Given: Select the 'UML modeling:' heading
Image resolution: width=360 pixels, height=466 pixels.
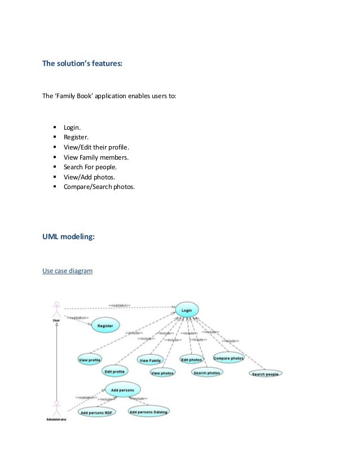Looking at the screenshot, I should pos(69,238).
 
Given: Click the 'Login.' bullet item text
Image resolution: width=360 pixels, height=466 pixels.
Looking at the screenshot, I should pos(72,129).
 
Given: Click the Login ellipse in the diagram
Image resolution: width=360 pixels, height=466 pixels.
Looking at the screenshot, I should pos(187,309).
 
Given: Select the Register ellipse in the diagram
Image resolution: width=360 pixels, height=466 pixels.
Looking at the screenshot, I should pos(105,326).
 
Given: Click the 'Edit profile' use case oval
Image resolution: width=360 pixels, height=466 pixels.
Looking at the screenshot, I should pos(115,371).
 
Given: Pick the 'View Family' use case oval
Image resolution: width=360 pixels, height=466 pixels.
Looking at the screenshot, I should pos(150,361).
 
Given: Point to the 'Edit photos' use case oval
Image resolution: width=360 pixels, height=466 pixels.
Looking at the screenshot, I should pos(191,359).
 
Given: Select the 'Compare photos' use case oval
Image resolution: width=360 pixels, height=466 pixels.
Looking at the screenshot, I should pos(228,358).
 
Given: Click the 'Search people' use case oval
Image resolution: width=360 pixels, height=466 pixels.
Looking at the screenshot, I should pos(265,373).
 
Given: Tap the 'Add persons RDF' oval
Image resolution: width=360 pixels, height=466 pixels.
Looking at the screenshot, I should pos(98,412).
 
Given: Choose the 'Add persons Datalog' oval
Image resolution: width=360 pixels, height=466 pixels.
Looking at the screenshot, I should pos(149,412).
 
